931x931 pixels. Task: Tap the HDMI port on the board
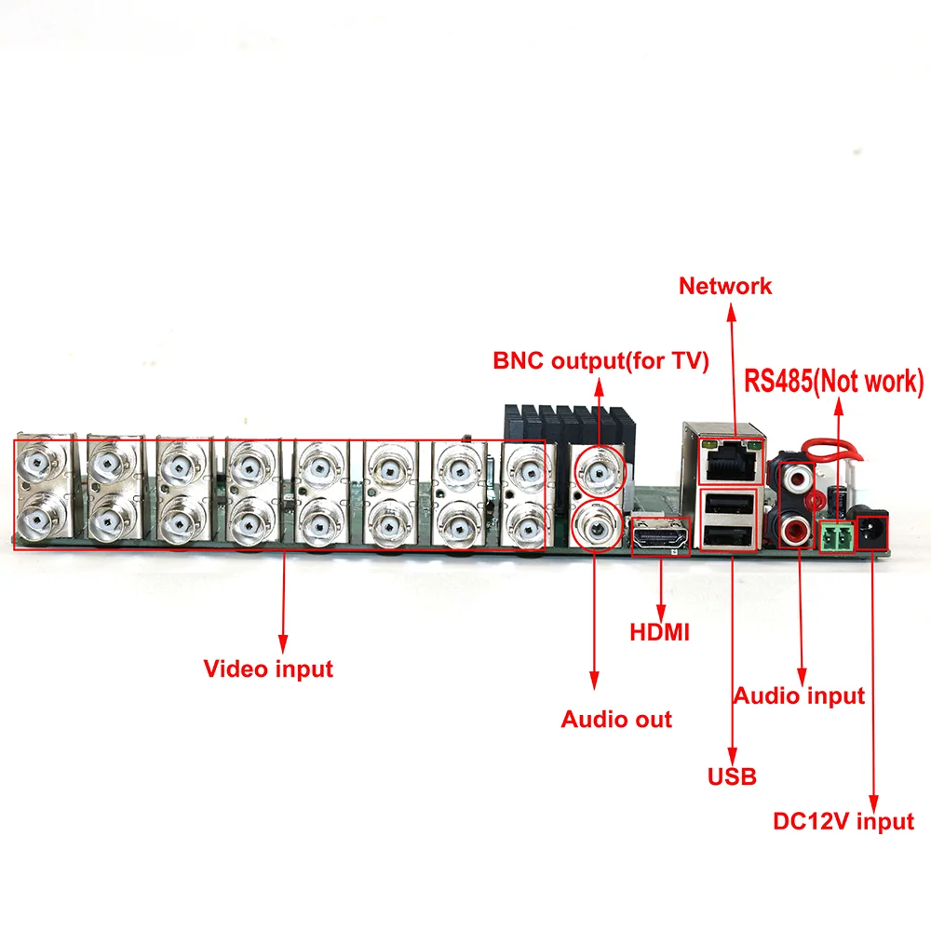coord(659,538)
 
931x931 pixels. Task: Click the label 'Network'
coord(725,286)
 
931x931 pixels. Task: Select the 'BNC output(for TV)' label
coord(600,361)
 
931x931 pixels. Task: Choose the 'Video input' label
coord(268,668)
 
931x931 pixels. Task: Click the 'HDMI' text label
coord(659,633)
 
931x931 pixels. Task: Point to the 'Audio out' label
coord(616,719)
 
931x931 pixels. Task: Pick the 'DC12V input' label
coord(843,822)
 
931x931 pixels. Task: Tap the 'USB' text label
coord(732,776)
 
